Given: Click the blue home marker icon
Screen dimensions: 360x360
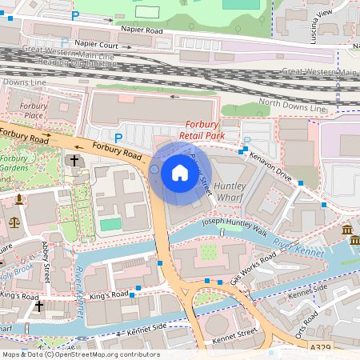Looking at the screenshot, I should click(180, 172).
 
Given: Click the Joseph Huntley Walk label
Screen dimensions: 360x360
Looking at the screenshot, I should click(234, 226).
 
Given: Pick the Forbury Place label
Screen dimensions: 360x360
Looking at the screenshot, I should click(33, 110).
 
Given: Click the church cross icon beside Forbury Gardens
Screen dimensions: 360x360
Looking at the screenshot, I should click(74, 161).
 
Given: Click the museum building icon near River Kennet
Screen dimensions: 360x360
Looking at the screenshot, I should click(350, 231).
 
